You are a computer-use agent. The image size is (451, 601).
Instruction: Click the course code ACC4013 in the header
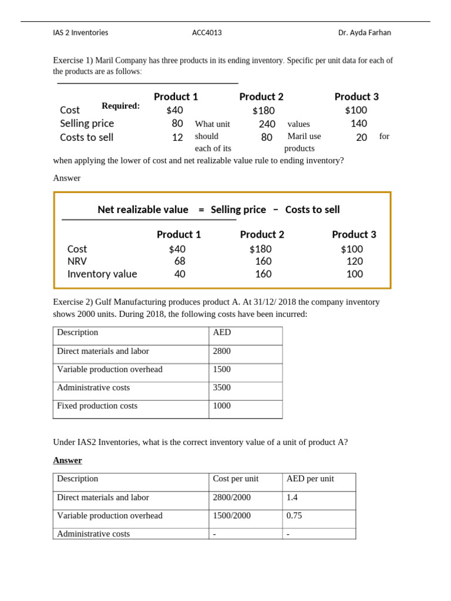(207, 33)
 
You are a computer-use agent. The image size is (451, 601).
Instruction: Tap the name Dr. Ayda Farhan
(364, 33)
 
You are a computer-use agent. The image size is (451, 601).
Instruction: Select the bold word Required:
(120, 106)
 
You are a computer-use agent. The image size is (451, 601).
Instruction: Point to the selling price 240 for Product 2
(267, 124)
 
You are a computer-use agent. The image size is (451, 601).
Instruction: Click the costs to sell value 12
(177, 137)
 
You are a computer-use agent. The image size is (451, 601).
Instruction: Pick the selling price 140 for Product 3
(358, 123)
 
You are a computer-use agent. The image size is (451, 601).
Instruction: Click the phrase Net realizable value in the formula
(143, 210)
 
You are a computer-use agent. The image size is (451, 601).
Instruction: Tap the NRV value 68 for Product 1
(179, 261)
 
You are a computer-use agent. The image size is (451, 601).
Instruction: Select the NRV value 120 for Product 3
(354, 261)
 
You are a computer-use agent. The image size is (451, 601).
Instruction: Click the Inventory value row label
(102, 274)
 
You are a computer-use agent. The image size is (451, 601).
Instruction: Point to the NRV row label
(77, 261)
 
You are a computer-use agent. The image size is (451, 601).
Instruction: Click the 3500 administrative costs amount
(222, 388)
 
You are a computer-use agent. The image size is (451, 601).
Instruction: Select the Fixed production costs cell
(97, 406)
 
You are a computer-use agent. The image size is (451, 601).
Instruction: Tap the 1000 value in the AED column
(222, 406)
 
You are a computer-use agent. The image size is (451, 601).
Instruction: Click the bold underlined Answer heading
(68, 461)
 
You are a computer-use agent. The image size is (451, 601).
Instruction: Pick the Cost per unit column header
(235, 479)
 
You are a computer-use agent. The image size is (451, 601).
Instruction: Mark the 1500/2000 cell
(231, 516)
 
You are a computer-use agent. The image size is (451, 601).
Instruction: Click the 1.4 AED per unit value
(292, 498)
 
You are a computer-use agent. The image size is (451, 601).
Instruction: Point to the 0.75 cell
(294, 516)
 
